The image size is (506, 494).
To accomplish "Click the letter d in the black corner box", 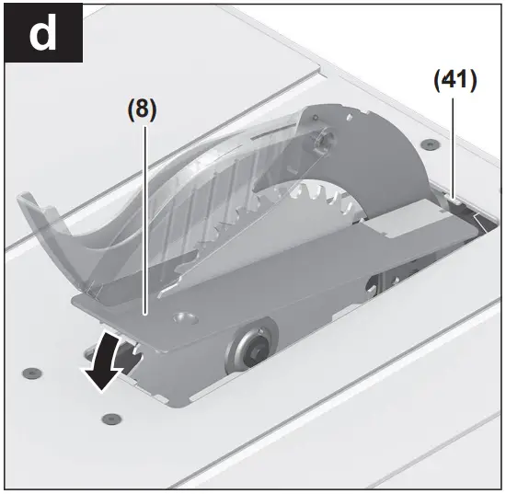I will (x=41, y=34).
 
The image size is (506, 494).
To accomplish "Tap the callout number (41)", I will (x=454, y=81).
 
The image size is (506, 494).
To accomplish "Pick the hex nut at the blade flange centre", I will (x=249, y=349).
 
